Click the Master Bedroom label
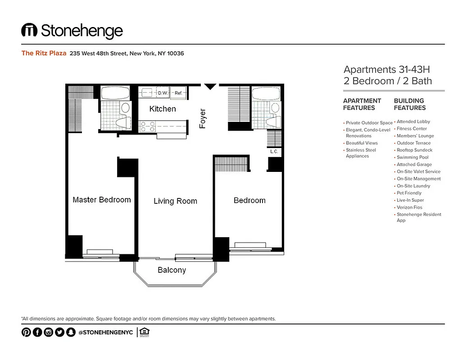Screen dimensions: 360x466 102,200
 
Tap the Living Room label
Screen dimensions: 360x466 175,201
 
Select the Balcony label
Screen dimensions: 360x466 172,270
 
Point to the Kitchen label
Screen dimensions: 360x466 163,109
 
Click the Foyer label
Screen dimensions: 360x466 203,119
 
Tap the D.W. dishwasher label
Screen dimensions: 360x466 162,93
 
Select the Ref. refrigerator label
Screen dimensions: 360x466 178,93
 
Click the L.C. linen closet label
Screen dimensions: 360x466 274,152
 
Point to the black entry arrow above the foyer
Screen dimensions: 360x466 210,86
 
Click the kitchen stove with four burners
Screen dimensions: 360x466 147,126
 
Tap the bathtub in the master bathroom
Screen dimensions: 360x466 115,94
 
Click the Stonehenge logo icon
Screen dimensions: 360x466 29,31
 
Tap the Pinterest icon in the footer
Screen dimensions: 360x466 26,333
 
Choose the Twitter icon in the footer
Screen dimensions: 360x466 59,333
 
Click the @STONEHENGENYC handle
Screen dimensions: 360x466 105,333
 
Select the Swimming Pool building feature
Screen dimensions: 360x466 412,157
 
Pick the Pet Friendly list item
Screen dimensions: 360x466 409,193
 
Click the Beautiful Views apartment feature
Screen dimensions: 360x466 362,143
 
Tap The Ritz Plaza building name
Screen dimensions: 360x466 44,53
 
